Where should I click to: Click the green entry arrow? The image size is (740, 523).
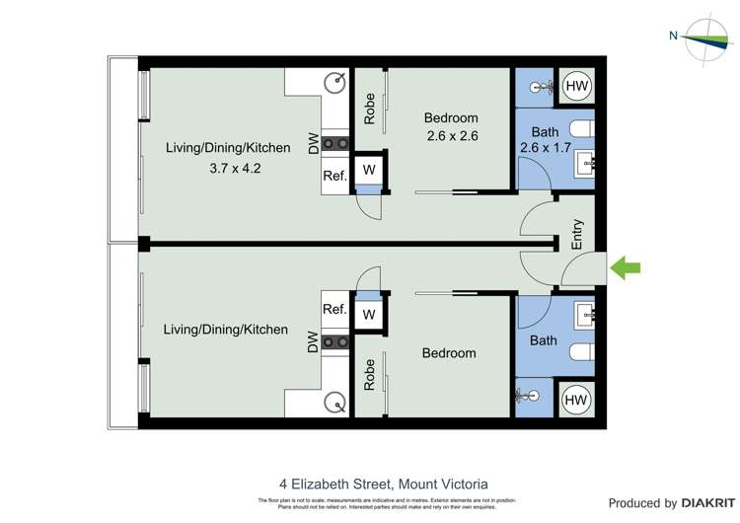(627, 267)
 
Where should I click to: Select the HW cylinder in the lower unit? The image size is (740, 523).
(577, 401)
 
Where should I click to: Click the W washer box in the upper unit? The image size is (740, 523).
(369, 170)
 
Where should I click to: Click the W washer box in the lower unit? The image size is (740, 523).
(369, 315)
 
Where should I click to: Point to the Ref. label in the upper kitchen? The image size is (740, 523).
(334, 177)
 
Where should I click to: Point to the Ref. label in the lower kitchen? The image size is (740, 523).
(334, 309)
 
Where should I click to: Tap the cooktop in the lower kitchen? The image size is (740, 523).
(337, 342)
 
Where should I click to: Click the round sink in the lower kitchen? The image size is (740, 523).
(336, 403)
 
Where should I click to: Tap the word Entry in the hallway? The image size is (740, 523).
(578, 235)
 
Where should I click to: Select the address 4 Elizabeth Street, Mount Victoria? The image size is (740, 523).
(384, 485)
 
